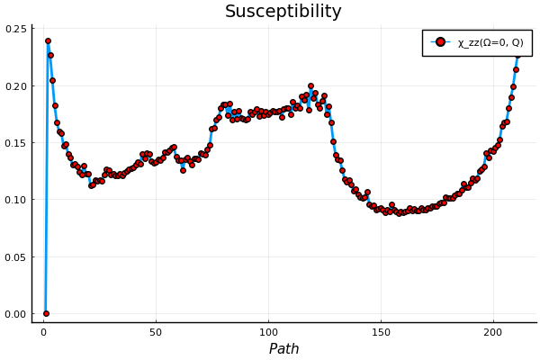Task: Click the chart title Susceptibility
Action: click(283, 12)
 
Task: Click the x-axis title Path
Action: click(283, 349)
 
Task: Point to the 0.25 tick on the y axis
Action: click(16, 30)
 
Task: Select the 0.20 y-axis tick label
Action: click(16, 86)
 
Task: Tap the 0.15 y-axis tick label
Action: click(16, 143)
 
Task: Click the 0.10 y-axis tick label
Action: click(16, 200)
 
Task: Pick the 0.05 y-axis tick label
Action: click(16, 257)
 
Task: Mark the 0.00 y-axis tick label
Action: click(16, 314)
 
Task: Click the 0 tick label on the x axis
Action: click(43, 332)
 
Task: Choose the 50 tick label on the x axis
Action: click(156, 332)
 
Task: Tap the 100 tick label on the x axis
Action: click(268, 332)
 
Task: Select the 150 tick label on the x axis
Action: click(381, 332)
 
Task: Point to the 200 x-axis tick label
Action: click(493, 332)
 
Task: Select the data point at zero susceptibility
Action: click(46, 313)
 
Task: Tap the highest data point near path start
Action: click(48, 40)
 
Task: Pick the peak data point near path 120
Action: click(310, 86)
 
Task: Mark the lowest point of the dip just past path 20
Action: click(91, 185)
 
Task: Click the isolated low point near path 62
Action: click(183, 170)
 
